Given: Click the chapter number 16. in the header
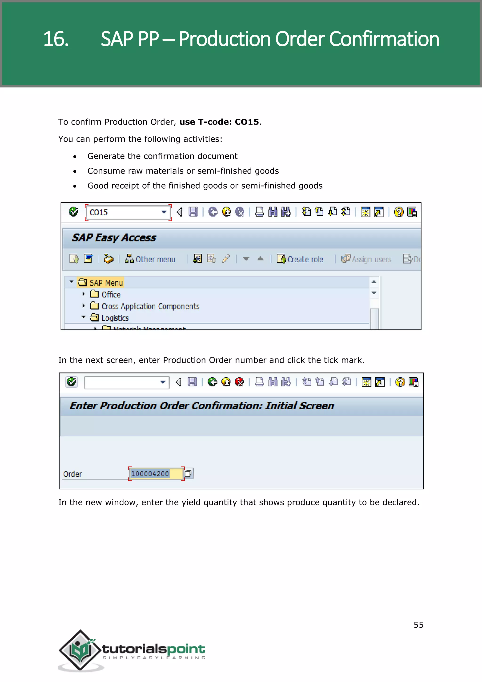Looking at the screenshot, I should tap(56, 39).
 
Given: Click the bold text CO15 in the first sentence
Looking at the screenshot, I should tap(247, 122).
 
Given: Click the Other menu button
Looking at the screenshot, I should tap(150, 259).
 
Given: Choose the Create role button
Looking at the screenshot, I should tap(300, 259).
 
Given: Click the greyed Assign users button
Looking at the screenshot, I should tap(366, 259).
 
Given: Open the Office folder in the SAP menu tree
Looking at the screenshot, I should tap(111, 295).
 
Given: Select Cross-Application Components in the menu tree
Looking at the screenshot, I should tap(150, 306).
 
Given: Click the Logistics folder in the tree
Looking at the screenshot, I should tap(115, 318).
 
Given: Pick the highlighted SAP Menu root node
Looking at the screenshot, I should tap(106, 283).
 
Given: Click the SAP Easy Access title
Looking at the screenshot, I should tap(114, 238).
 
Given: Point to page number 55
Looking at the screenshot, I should tap(418, 625).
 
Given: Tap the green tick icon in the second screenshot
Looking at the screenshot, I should tap(72, 382).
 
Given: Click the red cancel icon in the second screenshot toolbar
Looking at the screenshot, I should tap(239, 382).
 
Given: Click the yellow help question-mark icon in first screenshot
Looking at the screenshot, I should tap(399, 212).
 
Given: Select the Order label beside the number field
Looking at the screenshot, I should tap(72, 474).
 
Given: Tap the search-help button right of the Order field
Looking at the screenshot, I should tap(188, 474).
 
